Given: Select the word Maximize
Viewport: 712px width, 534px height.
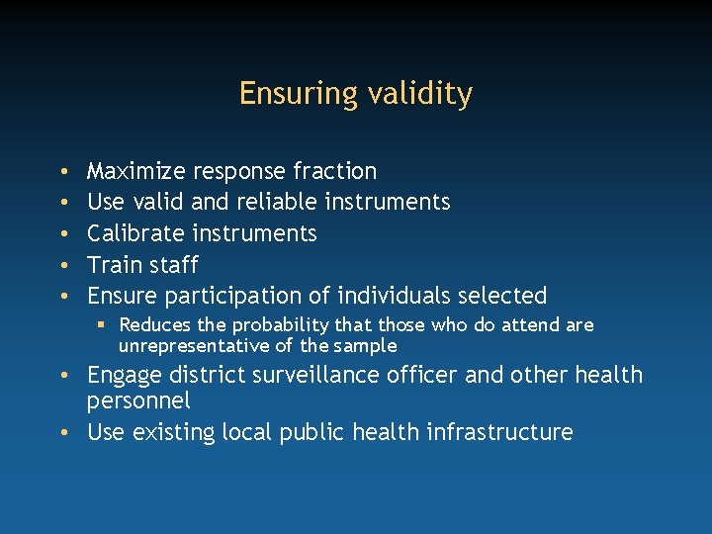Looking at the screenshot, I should [x=135, y=171].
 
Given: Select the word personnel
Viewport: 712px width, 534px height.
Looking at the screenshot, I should [x=138, y=400].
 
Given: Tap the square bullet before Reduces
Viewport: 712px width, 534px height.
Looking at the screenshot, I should [x=102, y=325].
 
